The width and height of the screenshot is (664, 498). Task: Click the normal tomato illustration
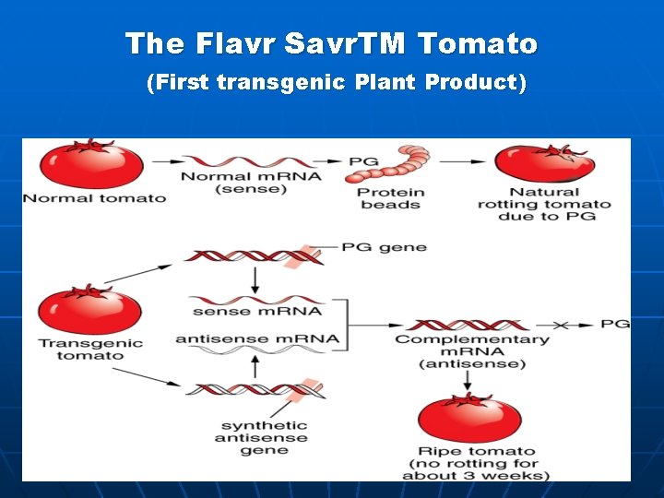click(x=91, y=165)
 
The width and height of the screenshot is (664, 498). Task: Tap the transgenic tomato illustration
click(x=89, y=311)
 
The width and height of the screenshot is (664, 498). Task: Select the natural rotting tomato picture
click(x=544, y=164)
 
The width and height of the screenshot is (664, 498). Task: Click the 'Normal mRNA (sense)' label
click(x=251, y=183)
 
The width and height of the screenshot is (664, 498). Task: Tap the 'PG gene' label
click(x=384, y=247)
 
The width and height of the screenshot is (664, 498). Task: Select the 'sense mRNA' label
click(x=257, y=312)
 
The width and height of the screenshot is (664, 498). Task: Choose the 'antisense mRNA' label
click(x=257, y=339)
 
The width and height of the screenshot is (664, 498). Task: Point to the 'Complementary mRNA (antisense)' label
click(x=472, y=351)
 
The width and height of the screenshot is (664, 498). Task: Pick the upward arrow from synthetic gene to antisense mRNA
click(x=255, y=364)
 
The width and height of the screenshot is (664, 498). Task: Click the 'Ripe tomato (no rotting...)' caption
click(x=475, y=464)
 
